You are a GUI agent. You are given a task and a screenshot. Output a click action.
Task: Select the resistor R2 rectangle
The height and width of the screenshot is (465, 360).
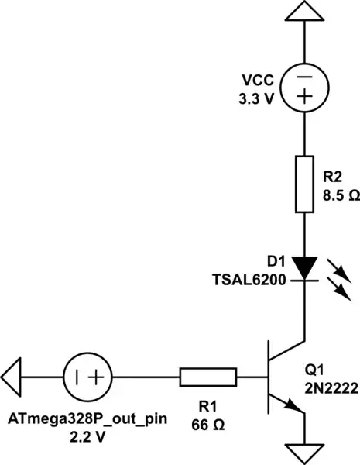[x=303, y=184]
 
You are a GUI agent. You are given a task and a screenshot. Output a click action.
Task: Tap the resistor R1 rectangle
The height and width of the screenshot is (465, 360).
[x=208, y=377]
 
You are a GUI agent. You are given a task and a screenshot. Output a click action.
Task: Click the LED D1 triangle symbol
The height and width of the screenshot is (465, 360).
[x=303, y=268]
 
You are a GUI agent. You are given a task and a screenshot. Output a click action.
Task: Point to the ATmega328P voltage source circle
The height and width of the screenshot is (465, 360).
[x=87, y=377]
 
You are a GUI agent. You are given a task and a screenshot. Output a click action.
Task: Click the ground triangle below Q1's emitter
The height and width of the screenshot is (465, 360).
[x=303, y=452]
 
